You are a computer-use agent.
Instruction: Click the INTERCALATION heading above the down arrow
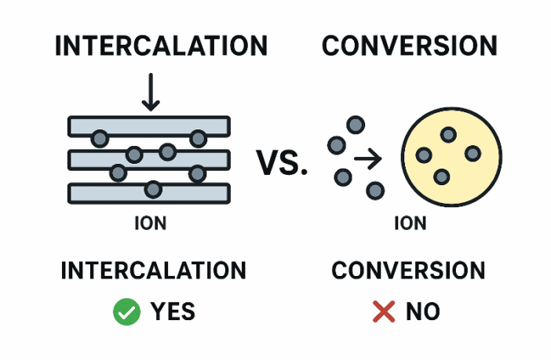(x=161, y=45)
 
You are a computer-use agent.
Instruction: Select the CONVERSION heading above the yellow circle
(x=410, y=45)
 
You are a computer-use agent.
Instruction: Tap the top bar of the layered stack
(x=149, y=125)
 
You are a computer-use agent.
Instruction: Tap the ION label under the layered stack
(x=150, y=224)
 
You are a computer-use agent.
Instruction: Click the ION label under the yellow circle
(x=410, y=224)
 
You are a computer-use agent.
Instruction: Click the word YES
(x=173, y=311)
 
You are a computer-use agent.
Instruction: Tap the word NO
(x=423, y=311)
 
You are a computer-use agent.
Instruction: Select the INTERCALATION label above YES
(x=153, y=271)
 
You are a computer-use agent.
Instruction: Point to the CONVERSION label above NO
(x=408, y=271)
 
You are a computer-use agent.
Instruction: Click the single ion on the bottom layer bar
(x=154, y=189)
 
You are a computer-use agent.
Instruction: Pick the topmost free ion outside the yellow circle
(x=356, y=125)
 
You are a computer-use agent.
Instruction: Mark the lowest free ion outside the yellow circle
(x=376, y=190)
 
